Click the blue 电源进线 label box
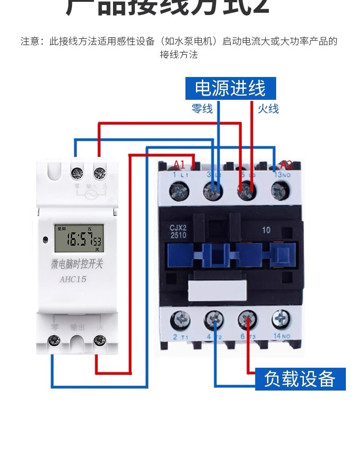tap(230, 87)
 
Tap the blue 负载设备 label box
tap(299, 379)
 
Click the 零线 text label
tap(202, 108)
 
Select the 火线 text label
tap(268, 108)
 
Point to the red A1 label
tap(180, 165)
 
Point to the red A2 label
tap(286, 165)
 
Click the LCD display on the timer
tap(77, 238)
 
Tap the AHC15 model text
tap(73, 279)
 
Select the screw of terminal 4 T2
tap(213, 319)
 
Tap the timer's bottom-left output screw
tap(55, 340)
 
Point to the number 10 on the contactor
tap(266, 230)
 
